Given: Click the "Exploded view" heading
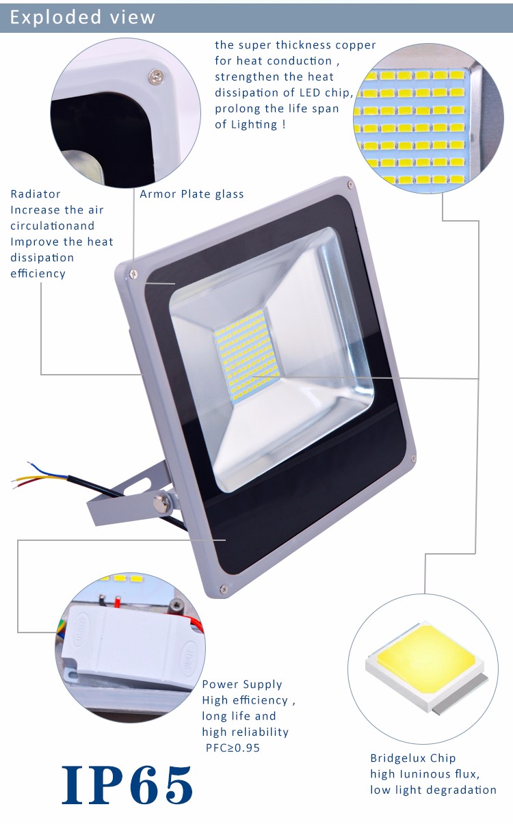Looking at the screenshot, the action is tap(83, 17).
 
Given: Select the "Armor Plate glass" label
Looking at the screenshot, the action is tap(192, 194).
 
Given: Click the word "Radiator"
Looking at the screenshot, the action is tap(36, 194).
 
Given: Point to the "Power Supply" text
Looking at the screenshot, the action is tap(242, 685).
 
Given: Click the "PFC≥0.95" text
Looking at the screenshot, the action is tap(233, 748).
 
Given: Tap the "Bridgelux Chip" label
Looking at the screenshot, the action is tap(413, 758).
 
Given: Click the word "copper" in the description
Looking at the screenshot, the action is tap(356, 46).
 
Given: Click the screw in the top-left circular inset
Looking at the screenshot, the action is tap(157, 76).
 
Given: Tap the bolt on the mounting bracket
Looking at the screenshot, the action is tap(161, 503).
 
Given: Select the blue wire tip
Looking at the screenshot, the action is tap(29, 463).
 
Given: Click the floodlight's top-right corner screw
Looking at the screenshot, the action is tap(350, 185).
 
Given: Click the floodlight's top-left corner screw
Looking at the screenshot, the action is tap(133, 274).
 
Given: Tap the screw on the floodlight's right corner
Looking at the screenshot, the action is tap(413, 458).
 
